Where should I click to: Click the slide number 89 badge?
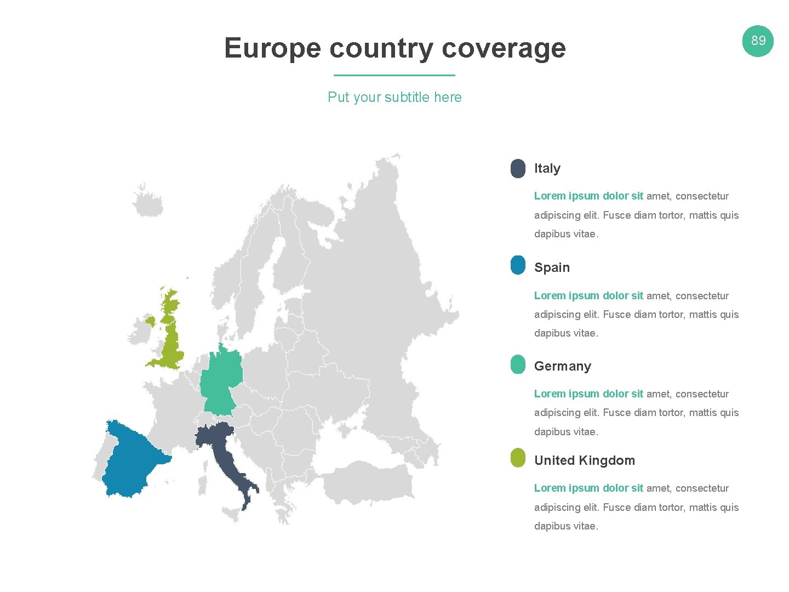pos(758,41)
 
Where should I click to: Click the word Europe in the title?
pos(272,48)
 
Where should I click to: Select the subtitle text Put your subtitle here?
pos(395,97)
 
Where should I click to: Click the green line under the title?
pos(395,75)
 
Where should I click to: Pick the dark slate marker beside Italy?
pos(518,168)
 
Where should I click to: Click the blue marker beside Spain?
pos(518,265)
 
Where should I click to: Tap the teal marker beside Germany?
pos(518,365)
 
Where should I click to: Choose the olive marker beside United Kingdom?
pos(518,458)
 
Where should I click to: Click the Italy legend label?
pos(547,168)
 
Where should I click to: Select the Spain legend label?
pos(552,267)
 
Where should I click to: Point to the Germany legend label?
pos(563,366)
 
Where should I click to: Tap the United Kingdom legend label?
pos(585,460)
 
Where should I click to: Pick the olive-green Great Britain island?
pos(172,340)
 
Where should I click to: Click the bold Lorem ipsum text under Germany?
pos(588,394)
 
